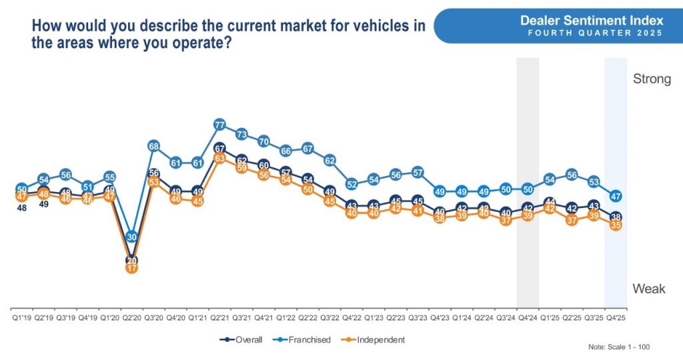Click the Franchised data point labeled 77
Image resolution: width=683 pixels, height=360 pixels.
click(x=219, y=125)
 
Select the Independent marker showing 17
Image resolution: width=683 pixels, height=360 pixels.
click(x=131, y=268)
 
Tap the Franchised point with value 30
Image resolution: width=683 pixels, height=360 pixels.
click(x=131, y=237)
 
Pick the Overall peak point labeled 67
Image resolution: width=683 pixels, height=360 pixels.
click(x=219, y=149)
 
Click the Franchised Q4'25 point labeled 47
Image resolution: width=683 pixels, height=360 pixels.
click(x=616, y=196)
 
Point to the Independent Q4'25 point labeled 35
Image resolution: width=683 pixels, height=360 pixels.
click(x=616, y=225)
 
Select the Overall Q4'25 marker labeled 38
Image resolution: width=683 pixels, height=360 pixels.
click(x=616, y=217)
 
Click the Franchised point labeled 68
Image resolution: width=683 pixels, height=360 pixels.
click(x=153, y=146)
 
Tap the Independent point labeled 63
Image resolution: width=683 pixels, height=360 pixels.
click(x=219, y=159)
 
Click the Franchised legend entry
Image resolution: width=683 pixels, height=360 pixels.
click(x=303, y=339)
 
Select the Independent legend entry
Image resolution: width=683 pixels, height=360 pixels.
click(x=376, y=339)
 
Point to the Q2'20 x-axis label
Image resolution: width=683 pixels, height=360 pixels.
click(x=131, y=318)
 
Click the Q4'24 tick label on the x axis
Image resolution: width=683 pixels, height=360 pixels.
click(x=528, y=318)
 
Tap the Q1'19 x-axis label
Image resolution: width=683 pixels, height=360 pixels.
click(x=21, y=318)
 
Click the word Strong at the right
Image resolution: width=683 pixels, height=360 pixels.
click(x=651, y=79)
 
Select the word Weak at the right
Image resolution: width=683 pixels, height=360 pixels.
click(x=648, y=289)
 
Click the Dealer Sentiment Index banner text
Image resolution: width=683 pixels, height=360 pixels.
click(x=592, y=21)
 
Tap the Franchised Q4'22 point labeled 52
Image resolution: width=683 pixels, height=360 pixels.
click(x=352, y=185)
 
